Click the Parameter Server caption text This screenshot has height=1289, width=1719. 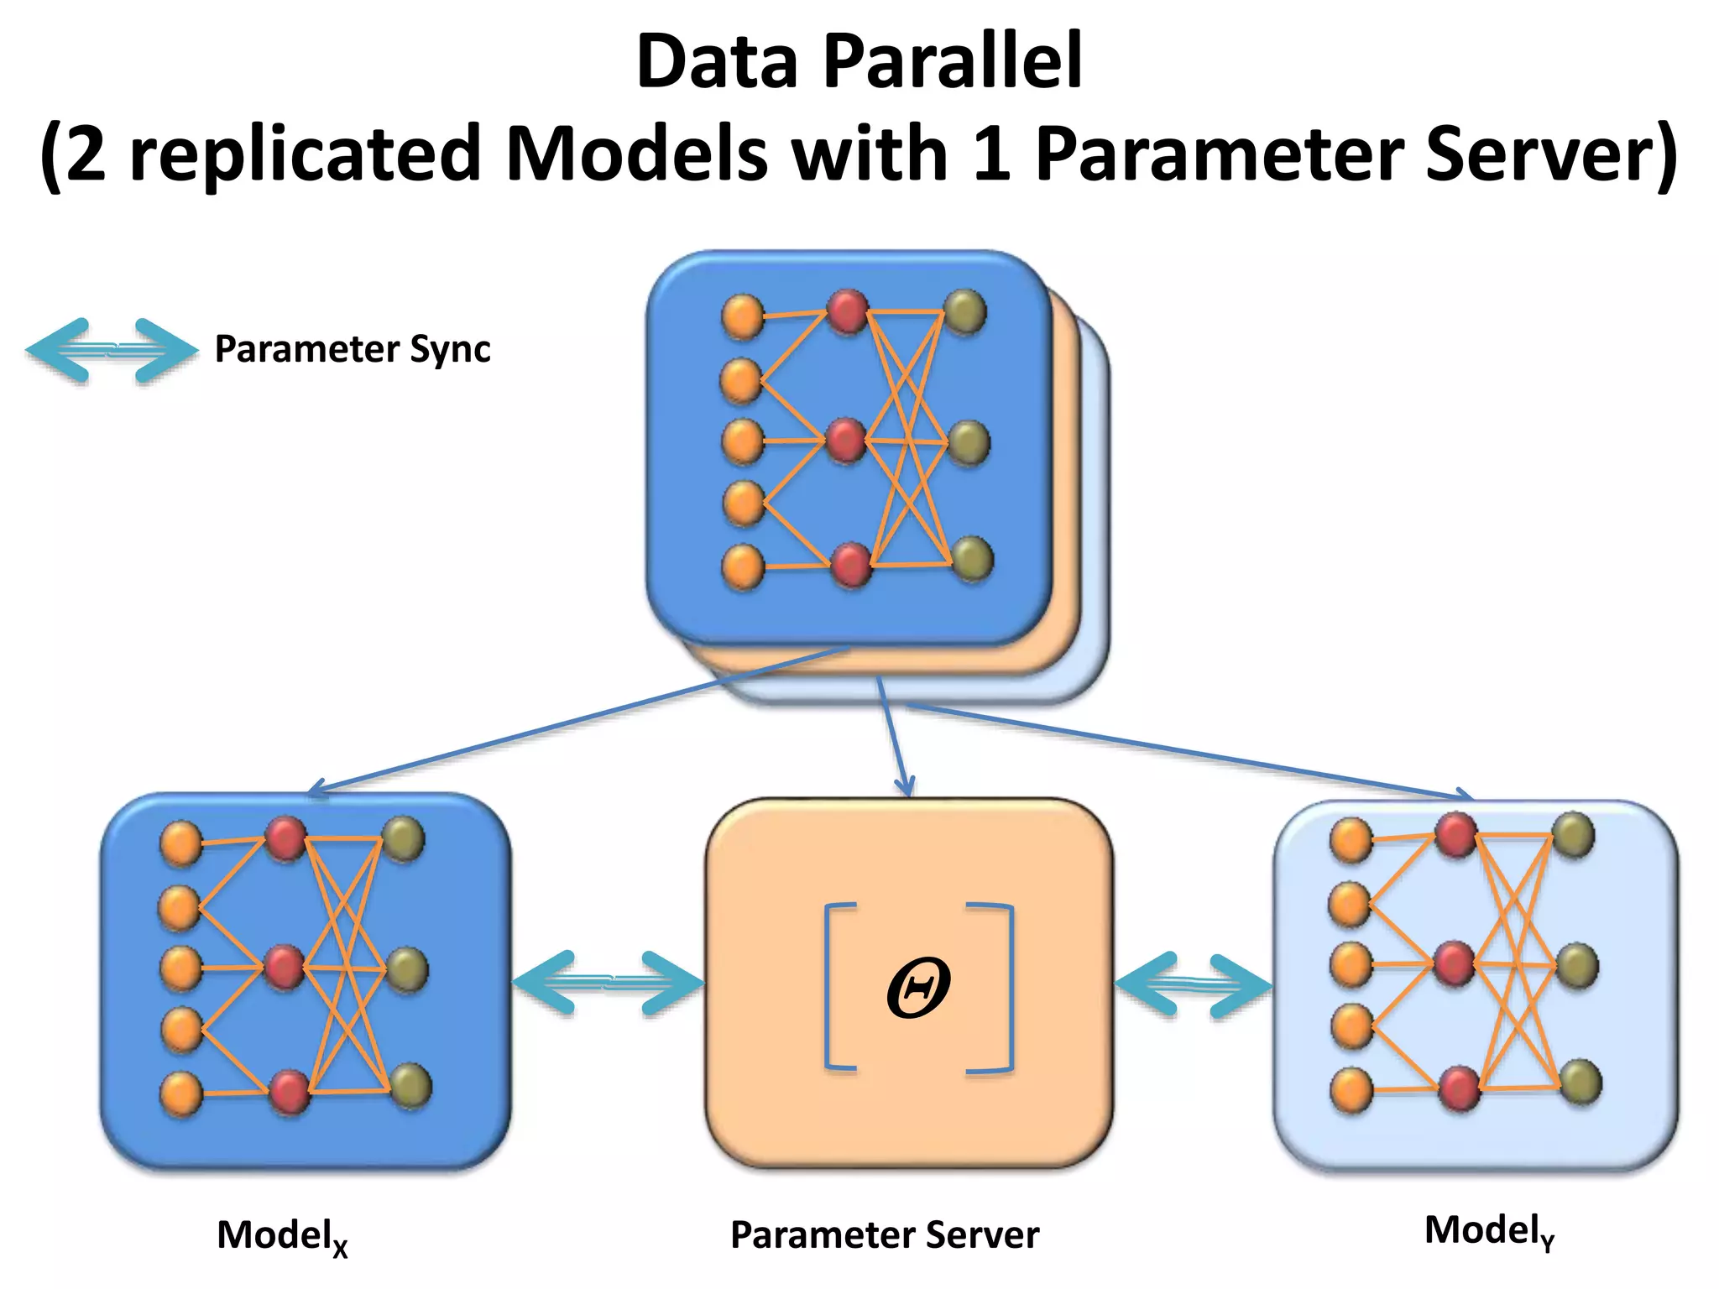coord(884,1234)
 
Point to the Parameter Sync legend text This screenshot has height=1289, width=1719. coord(352,348)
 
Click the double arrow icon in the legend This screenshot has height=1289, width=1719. coord(111,351)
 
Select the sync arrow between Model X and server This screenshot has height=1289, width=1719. coord(608,982)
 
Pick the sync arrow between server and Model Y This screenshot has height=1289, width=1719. coord(1192,984)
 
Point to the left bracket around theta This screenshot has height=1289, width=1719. coord(837,987)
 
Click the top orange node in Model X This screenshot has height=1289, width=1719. coord(181,843)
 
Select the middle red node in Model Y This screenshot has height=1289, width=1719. coord(1454,964)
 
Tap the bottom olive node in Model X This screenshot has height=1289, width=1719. coord(410,1085)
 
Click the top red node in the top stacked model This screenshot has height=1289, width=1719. coord(847,311)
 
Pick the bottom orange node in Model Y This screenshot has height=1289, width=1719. coord(1351,1089)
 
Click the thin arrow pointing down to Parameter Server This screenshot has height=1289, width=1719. coord(892,738)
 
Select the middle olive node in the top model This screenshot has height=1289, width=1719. coord(969,442)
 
